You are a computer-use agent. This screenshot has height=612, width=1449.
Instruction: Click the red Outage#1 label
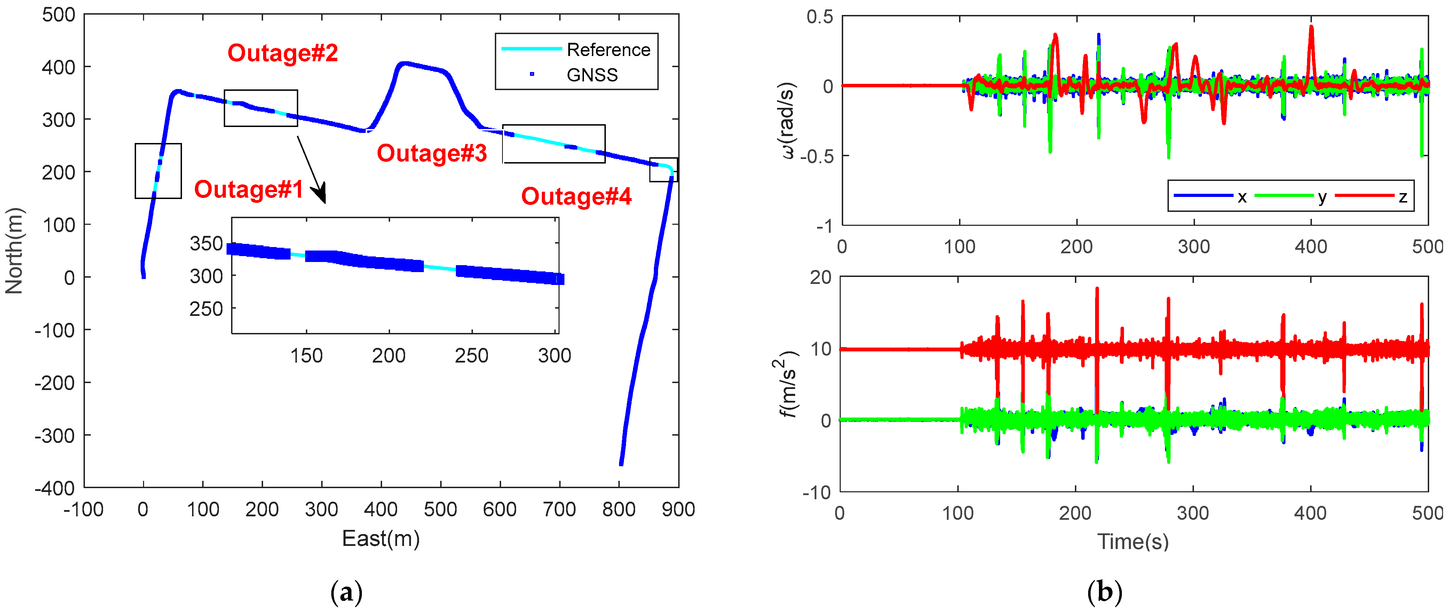tap(248, 190)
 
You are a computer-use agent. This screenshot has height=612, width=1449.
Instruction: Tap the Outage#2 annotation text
tap(282, 53)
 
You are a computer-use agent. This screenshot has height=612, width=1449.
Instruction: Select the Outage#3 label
tap(431, 153)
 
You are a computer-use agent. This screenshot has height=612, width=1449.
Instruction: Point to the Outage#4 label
tap(576, 196)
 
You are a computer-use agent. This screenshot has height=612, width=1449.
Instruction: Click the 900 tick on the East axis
tap(678, 510)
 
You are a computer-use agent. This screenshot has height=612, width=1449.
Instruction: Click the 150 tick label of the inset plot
tap(307, 356)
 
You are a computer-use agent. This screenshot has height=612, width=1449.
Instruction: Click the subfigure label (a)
tap(347, 592)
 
